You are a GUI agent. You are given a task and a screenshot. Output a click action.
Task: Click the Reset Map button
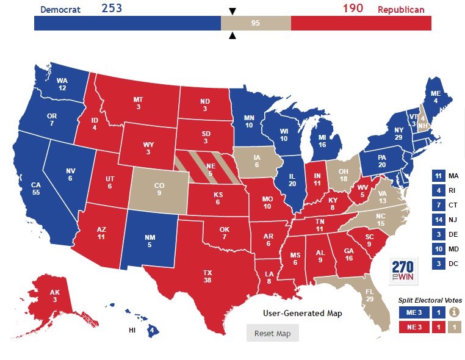click(272, 333)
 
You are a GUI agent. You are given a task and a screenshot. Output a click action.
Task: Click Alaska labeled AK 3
click(55, 296)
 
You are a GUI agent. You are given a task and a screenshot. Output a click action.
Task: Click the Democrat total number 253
click(112, 8)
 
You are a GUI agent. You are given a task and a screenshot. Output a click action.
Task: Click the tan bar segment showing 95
click(256, 23)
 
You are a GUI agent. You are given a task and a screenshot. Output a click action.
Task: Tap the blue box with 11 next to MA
click(438, 176)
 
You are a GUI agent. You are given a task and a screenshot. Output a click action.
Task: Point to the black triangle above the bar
click(232, 11)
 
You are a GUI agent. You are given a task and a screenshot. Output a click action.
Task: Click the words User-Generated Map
click(302, 313)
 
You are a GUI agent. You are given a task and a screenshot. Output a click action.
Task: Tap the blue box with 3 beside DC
click(438, 264)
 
